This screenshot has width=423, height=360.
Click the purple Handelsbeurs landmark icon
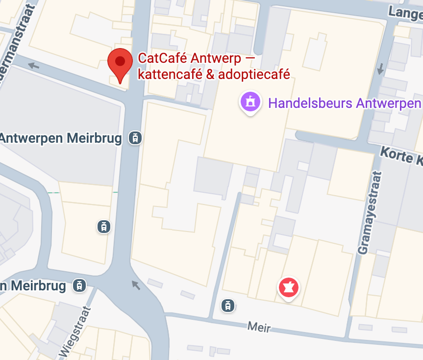coord(250,102)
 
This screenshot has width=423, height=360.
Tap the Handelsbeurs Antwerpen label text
coord(345,103)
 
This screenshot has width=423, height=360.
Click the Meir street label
coord(259,326)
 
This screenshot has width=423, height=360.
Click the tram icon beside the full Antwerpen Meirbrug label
coord(135,138)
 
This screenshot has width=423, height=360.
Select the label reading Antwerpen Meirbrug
coord(61,138)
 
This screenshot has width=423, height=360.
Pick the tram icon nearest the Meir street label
coord(227,306)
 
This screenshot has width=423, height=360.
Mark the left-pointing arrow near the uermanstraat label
coord(33,65)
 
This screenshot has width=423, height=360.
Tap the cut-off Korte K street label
coord(401,156)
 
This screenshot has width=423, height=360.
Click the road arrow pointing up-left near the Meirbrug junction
coord(136,285)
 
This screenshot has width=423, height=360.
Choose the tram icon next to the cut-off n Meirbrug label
coord(79,285)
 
